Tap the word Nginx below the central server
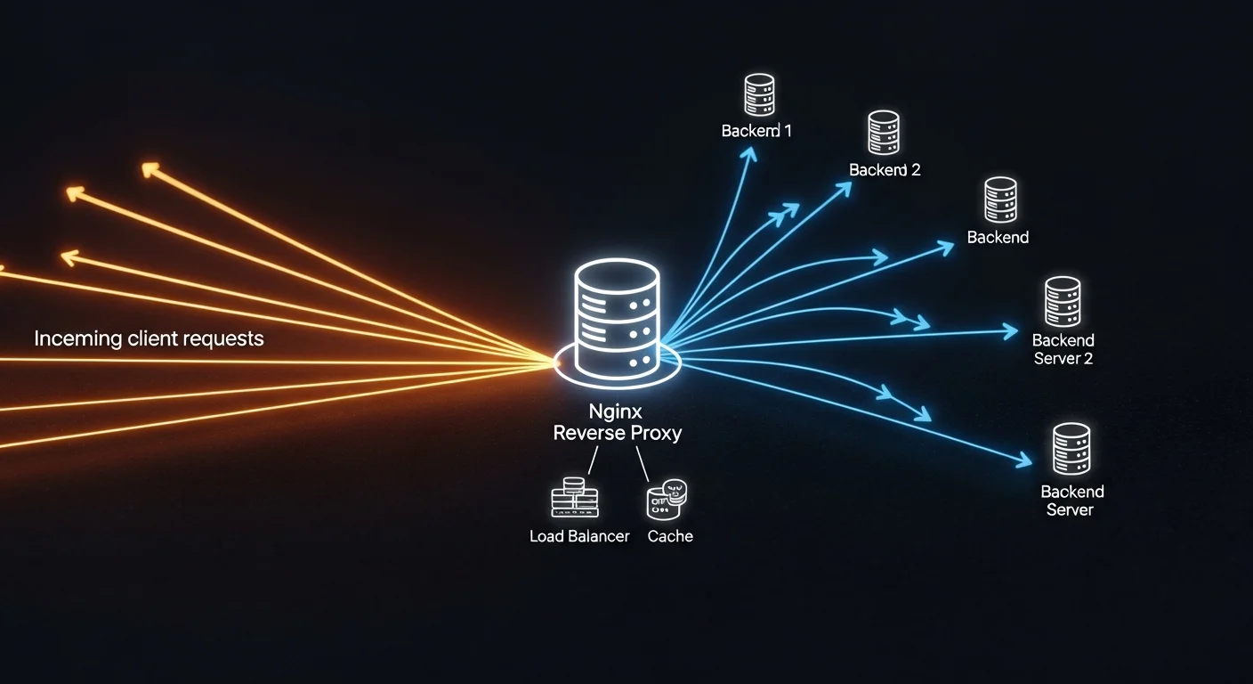pos(616,412)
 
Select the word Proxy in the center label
pos(656,433)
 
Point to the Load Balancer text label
pos(579,536)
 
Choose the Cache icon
pos(667,500)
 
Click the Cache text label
pos(670,536)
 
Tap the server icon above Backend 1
pos(759,95)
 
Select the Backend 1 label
pos(756,131)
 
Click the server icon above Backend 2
pos(884,133)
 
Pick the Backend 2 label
pos(884,169)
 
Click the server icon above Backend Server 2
pos(1063,301)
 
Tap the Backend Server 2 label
pos(1063,349)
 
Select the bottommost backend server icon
pos(1071,448)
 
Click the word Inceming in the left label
pos(77,338)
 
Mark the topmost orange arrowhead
pos(151,169)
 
